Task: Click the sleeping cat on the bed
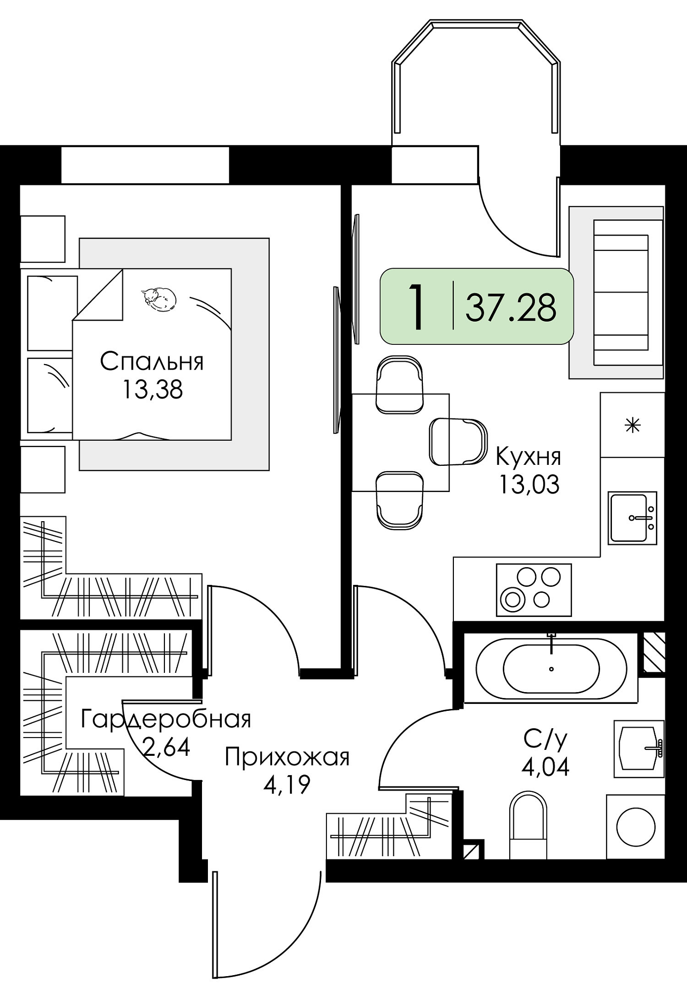159,299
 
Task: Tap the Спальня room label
152,362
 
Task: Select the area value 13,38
153,389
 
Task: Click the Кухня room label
528,457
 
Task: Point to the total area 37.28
511,307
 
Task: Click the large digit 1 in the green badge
417,306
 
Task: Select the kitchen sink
632,518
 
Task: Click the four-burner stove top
533,590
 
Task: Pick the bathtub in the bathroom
551,669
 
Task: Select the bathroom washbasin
639,748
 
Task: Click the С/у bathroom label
545,739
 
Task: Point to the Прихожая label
287,757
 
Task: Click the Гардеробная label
166,719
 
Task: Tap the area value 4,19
286,784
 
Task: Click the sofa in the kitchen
616,292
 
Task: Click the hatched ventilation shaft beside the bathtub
653,652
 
